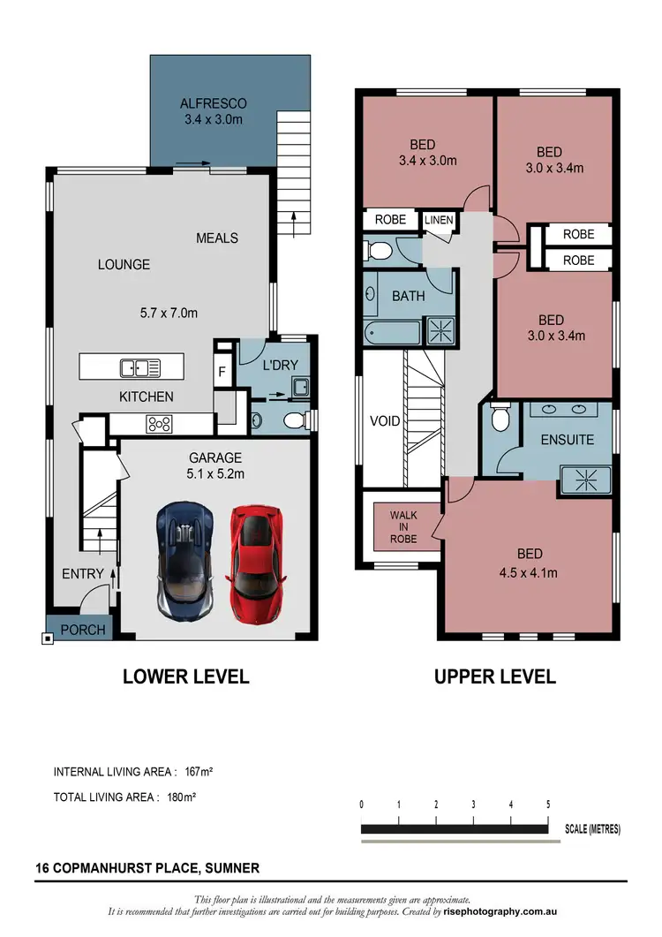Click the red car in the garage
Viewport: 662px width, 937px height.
(258, 562)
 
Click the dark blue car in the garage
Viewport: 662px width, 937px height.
(186, 560)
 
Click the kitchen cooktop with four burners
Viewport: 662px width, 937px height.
(160, 423)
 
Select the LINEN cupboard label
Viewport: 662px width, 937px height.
(437, 220)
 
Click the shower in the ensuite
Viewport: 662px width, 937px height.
(586, 481)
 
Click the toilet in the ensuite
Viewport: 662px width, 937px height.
(500, 418)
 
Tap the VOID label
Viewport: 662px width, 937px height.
(384, 421)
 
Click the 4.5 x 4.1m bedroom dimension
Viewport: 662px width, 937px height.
(530, 572)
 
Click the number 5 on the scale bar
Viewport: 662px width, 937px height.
(548, 805)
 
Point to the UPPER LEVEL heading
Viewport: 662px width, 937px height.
(495, 676)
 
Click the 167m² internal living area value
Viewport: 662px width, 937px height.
(199, 771)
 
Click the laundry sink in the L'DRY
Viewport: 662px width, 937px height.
(300, 387)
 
